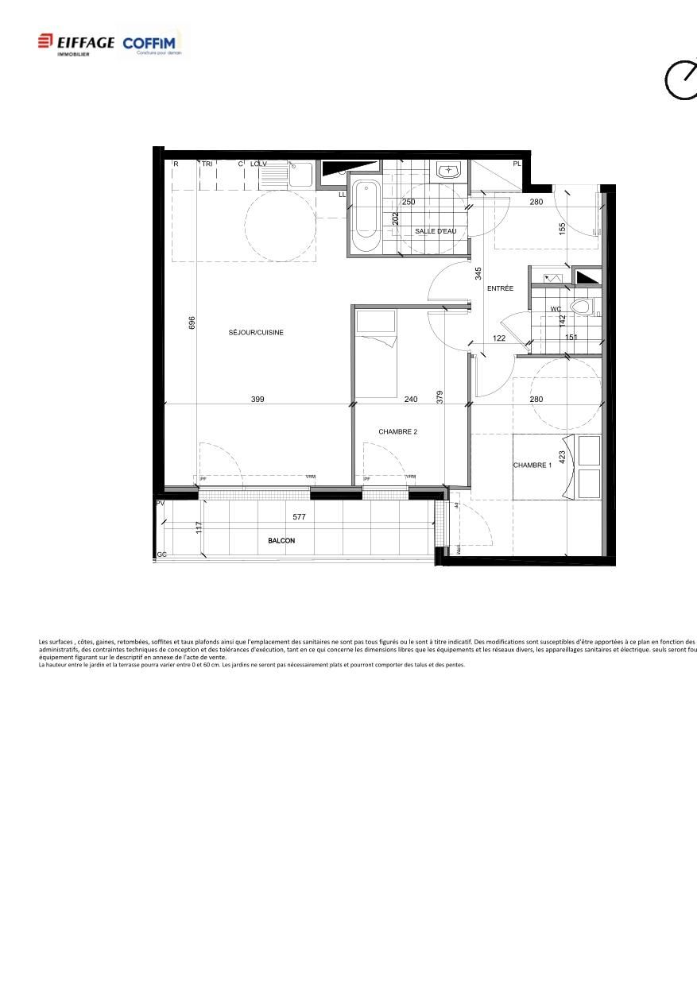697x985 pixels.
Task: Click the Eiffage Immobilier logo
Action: (x=76, y=44)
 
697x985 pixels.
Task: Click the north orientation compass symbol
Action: (x=681, y=79)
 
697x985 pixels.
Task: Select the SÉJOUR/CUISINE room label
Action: (x=256, y=333)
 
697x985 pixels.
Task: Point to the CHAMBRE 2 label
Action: (x=397, y=432)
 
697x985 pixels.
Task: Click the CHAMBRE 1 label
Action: (x=532, y=465)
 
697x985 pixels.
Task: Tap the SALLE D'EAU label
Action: (x=436, y=231)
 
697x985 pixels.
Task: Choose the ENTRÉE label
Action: (x=500, y=288)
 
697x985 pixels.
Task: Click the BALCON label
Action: (x=281, y=541)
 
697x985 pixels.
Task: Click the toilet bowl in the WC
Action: (x=582, y=307)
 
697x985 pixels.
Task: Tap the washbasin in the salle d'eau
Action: (x=448, y=170)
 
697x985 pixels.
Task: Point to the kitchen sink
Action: (x=301, y=173)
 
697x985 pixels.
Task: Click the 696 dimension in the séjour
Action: (x=192, y=323)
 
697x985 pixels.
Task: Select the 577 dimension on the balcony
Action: (x=299, y=517)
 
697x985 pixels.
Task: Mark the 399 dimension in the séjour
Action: (x=258, y=400)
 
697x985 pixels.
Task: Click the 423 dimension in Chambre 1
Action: (x=562, y=458)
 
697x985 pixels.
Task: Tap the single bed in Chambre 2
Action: (x=375, y=353)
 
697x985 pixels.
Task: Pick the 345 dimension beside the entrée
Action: (x=478, y=274)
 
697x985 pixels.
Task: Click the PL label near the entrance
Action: (x=517, y=164)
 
